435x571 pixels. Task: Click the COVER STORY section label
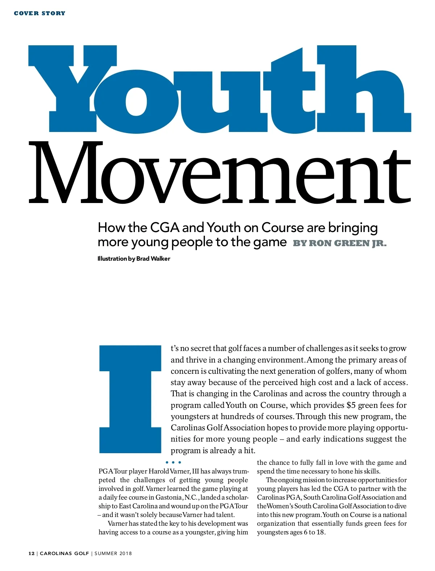40,13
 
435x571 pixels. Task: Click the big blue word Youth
219,89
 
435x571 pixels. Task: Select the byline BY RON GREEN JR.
340,243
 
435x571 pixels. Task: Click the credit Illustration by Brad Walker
134,258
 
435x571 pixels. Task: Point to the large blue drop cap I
130,399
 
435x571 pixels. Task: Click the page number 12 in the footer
32,554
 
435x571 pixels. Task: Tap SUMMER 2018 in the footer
113,554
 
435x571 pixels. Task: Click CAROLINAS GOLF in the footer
64,554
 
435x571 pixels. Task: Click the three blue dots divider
173,462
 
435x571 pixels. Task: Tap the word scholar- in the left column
236,497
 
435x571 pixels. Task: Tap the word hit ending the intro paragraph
249,451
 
